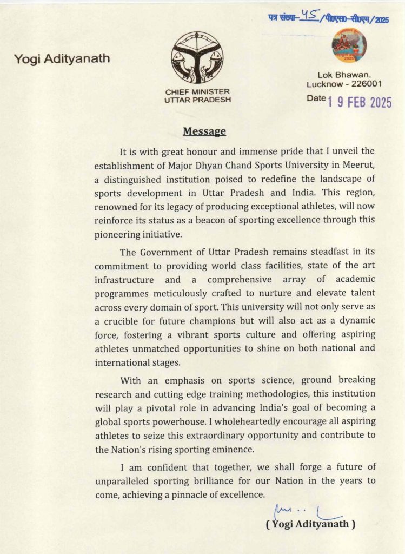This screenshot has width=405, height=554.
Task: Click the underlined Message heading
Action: (x=204, y=131)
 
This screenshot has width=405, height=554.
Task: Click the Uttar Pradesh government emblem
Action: (x=197, y=57)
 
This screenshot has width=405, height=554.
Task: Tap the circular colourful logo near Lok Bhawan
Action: (x=349, y=44)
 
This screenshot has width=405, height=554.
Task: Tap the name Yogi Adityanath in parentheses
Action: (x=310, y=524)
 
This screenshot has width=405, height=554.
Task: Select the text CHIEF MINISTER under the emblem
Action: (x=197, y=92)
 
